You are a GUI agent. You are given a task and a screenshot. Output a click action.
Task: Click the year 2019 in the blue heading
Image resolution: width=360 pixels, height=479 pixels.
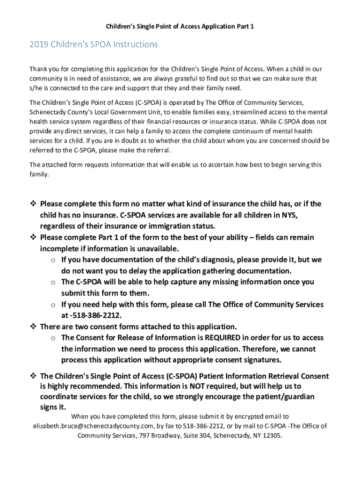pos(38,44)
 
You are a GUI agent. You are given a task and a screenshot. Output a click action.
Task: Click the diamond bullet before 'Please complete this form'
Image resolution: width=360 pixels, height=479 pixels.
pos(33,204)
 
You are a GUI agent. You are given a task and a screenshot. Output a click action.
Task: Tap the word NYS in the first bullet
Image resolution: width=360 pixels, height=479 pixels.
pos(289,215)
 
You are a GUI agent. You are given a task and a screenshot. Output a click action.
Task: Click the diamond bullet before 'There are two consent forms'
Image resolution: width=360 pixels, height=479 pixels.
pos(33,327)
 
